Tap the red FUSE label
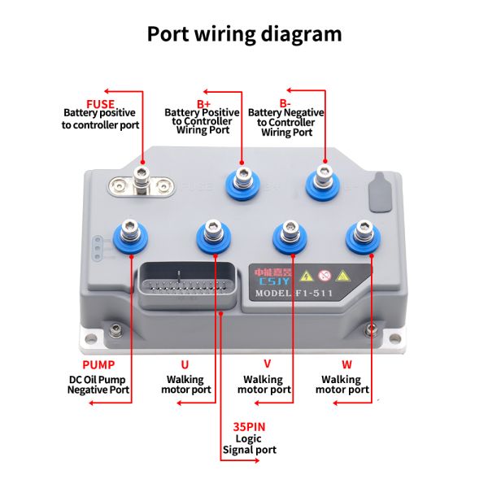[100, 102]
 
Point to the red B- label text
[285, 102]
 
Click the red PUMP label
[98, 364]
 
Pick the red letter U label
[184, 364]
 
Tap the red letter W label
[346, 364]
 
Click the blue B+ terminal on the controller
[242, 182]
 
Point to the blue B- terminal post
[325, 182]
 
